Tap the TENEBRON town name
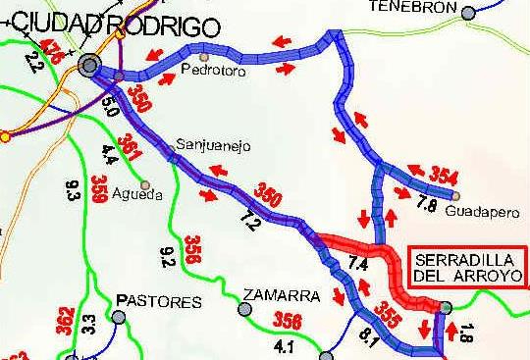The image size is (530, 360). coord(413,7)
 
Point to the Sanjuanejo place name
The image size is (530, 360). coord(213,146)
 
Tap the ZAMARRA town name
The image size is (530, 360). coord(283,294)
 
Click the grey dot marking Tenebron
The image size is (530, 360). coord(470,13)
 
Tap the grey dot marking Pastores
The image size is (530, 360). coord(120,317)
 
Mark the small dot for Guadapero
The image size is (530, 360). coord(456,195)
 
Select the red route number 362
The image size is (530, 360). coord(64,321)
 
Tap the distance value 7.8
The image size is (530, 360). coord(425,205)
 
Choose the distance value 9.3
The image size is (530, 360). coord(73,187)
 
